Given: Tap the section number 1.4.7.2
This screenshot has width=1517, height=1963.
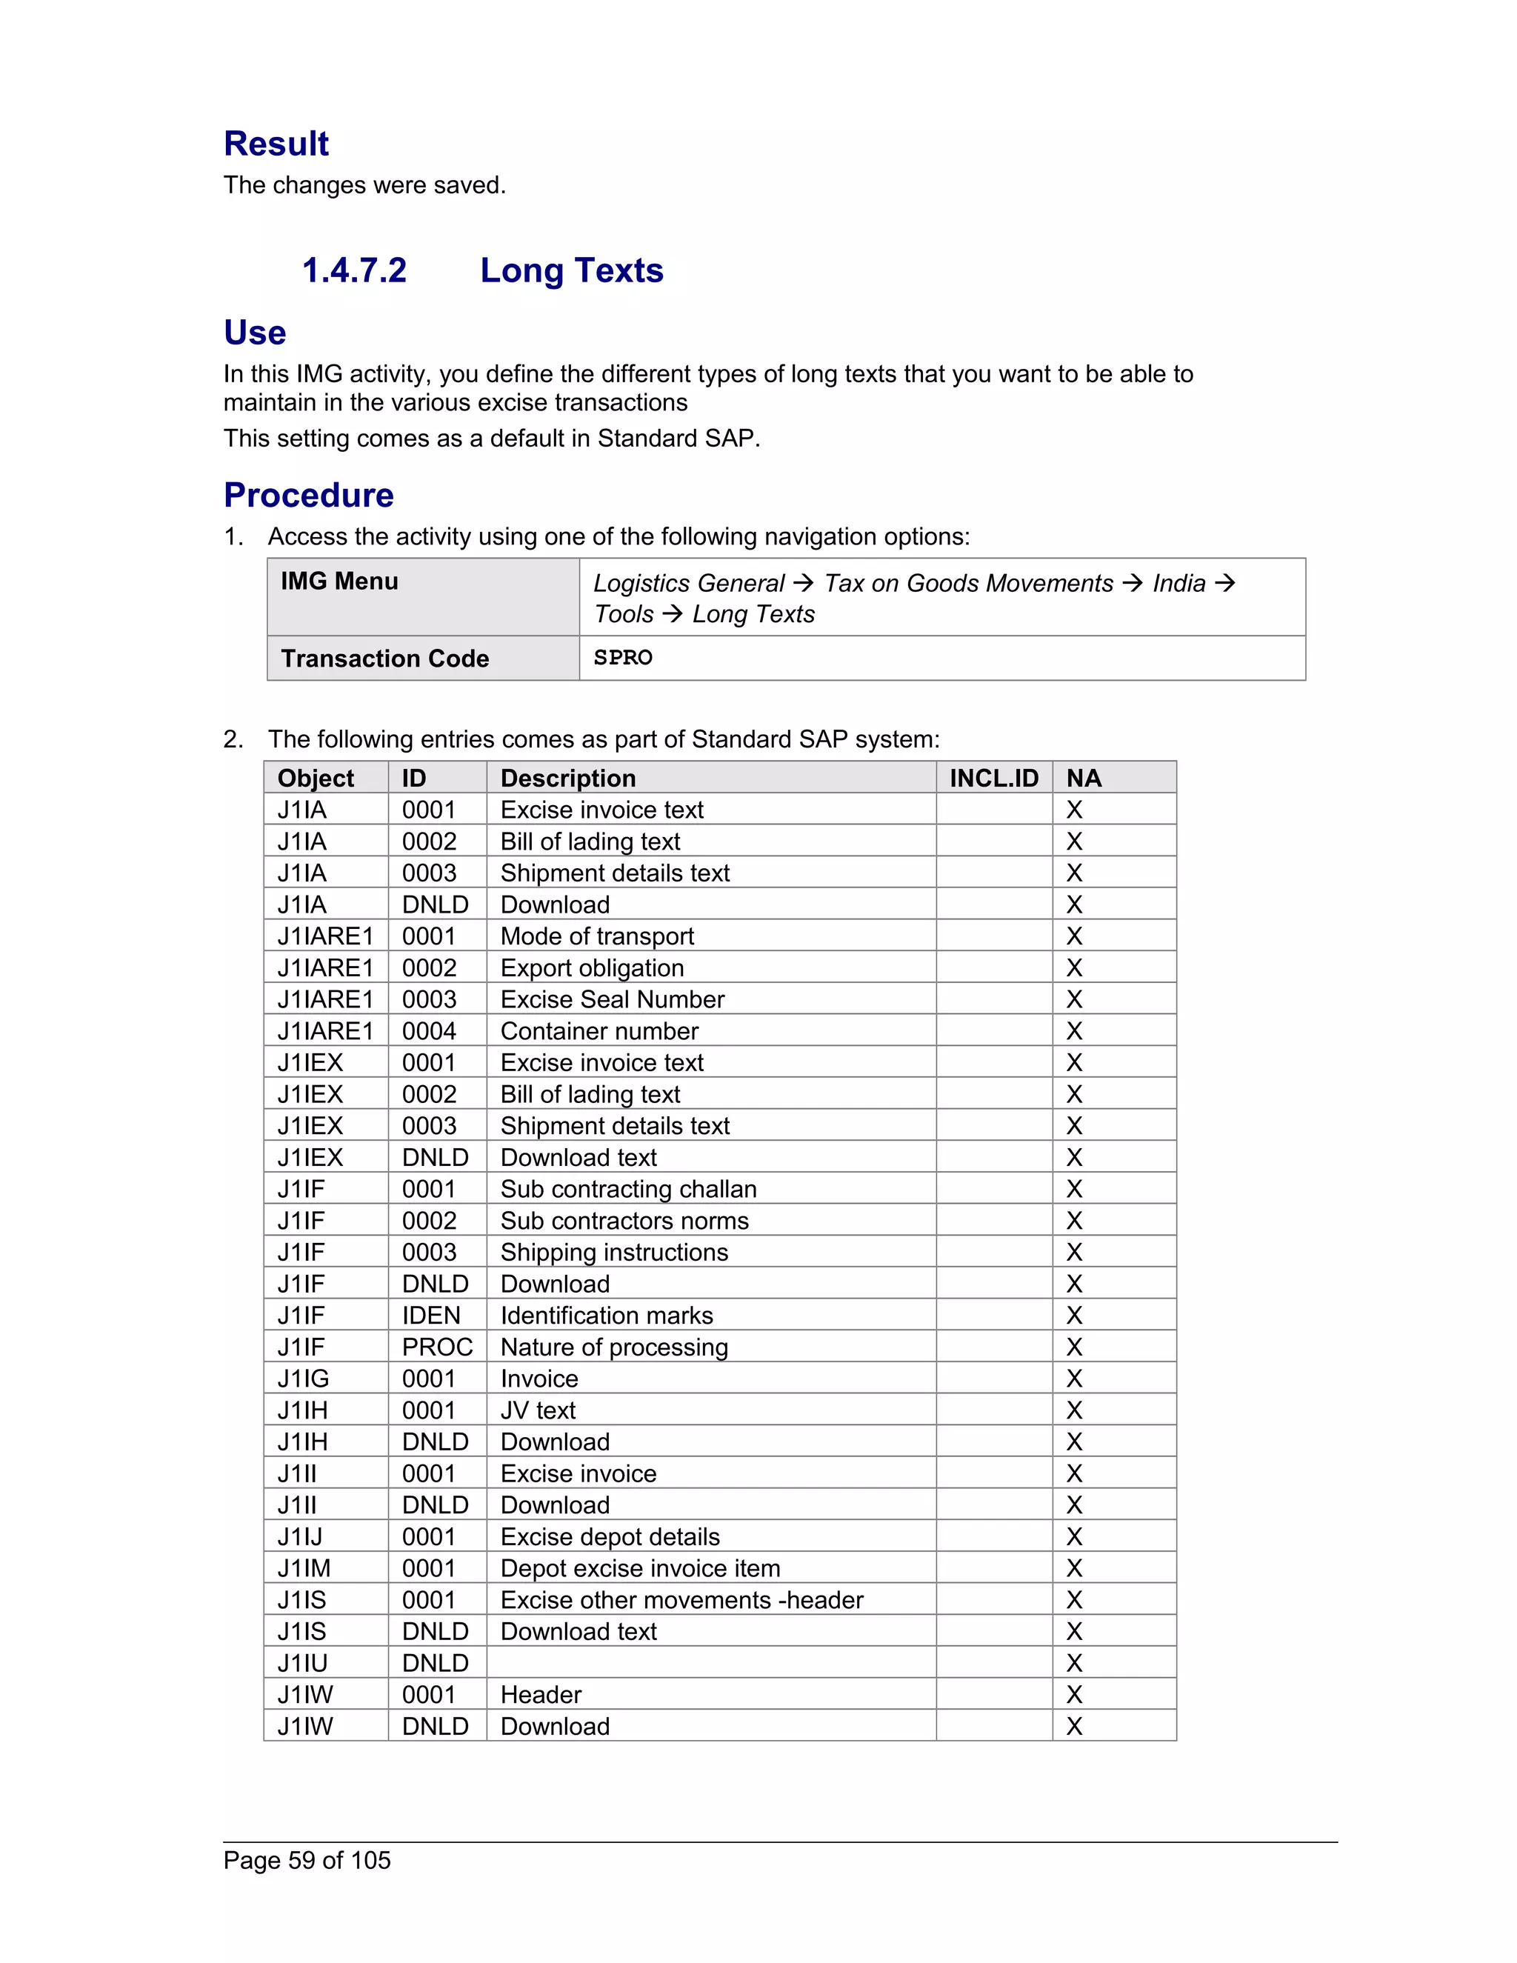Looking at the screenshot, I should (354, 270).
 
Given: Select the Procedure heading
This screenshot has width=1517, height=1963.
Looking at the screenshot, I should (308, 496).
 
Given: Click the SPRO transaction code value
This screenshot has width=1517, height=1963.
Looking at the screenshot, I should (623, 658).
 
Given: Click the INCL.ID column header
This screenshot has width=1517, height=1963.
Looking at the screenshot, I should (993, 779).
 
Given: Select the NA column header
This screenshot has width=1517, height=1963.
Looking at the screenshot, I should (1083, 779).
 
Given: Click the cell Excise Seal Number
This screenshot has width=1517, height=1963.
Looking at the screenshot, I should (612, 999).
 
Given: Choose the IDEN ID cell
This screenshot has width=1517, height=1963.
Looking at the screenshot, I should (430, 1316).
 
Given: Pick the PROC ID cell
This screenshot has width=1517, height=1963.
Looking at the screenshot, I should (437, 1347).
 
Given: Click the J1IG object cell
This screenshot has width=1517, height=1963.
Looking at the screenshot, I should (303, 1379).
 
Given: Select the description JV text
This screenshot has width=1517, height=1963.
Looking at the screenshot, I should (538, 1410).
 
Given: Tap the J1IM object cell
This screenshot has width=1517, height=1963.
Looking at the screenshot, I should (304, 1568).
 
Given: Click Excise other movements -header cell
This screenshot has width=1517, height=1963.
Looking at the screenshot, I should (681, 1600).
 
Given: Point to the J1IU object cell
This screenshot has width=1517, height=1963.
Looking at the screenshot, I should (302, 1663).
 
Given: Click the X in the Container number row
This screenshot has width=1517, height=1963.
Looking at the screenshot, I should (1074, 1031).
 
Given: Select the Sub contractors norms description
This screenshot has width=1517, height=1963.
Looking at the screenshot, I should (624, 1221).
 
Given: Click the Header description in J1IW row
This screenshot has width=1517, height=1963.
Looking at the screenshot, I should (540, 1694).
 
